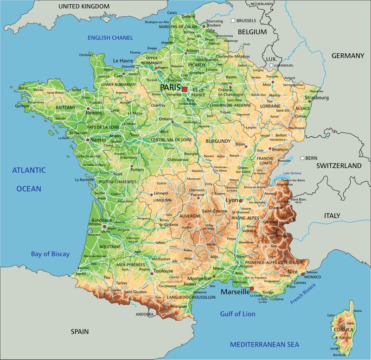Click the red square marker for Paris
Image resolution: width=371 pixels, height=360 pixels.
pos(185,88)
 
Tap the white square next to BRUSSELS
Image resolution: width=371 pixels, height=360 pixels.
pos(233,21)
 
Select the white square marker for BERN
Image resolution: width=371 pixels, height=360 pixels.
pos(302,158)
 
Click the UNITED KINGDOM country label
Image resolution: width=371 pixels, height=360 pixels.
pos(84,6)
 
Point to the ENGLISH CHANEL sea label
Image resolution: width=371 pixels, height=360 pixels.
pos(110,38)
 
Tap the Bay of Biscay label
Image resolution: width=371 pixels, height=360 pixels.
pos(50,254)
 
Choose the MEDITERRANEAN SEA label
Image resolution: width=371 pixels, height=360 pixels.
pos(264,344)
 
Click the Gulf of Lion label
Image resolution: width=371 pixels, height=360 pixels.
pos(237,314)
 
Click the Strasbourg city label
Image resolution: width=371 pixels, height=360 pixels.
pos(317,98)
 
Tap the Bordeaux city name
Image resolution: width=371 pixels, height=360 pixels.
pos(102,220)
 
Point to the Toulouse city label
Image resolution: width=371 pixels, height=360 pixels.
pos(164,271)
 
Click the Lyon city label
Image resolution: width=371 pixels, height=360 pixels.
pos(231,200)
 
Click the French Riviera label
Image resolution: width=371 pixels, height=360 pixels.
pos(302,294)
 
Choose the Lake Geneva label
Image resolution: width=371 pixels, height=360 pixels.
pos(293,173)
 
